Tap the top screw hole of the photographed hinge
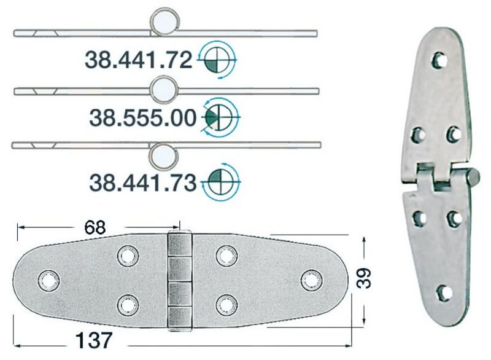(439, 60)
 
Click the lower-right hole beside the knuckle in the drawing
(226, 303)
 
